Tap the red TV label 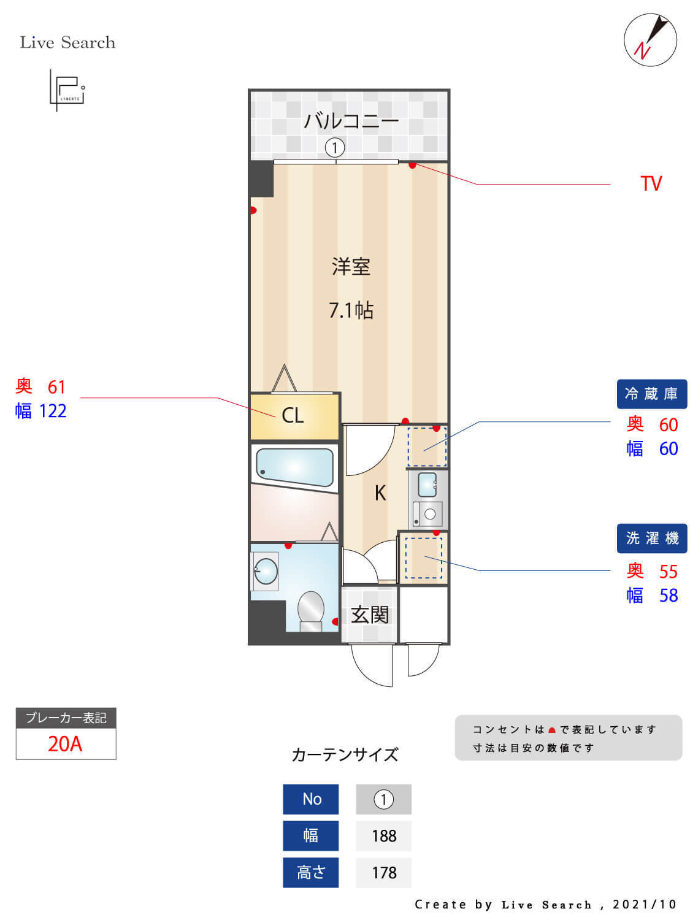[651, 183]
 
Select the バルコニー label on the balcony [351, 121]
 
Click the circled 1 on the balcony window [334, 147]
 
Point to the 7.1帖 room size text [351, 310]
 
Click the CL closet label [293, 415]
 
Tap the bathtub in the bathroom [294, 467]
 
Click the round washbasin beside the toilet [266, 571]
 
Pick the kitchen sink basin [427, 485]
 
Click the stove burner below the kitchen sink [429, 514]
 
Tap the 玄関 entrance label [369, 615]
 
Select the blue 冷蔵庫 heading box [651, 394]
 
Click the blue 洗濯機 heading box [651, 539]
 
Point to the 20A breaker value [65, 743]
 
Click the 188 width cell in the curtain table [383, 835]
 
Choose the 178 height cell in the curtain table [383, 872]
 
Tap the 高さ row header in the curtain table [310, 872]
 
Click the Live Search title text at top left [67, 42]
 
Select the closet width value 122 [53, 411]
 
